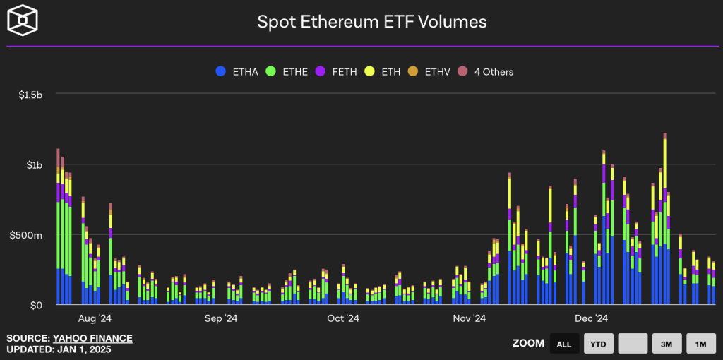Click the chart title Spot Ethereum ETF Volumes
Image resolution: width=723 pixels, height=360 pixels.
pos(371,22)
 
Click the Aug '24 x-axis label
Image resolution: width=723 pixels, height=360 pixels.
pos(95,319)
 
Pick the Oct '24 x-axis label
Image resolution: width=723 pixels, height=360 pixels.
pos(343,319)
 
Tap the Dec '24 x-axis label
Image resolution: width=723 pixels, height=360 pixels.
pos(591,319)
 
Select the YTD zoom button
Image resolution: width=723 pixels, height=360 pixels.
pos(598,344)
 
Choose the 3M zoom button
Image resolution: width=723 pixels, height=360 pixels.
pos(667,344)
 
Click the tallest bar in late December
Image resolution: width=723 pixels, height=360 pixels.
pos(665,219)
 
